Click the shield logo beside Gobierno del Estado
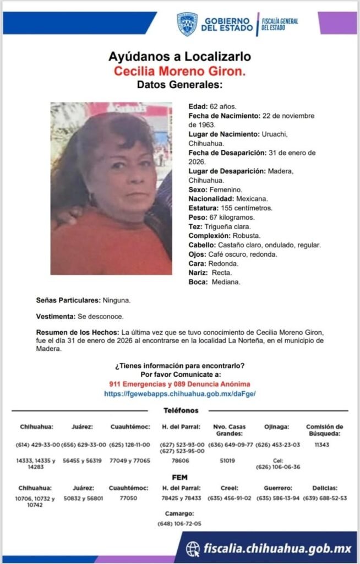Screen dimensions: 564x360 187,24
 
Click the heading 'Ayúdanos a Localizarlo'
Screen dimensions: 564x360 180,56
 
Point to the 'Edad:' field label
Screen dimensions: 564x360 198,106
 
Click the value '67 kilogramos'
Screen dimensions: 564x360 230,218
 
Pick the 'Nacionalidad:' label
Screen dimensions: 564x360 211,199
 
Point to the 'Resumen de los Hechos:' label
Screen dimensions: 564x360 78,333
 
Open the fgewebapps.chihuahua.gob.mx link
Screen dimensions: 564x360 180,394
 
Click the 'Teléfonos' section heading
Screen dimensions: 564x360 181,410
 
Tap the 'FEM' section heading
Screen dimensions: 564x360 181,477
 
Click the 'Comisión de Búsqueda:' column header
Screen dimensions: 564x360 324,430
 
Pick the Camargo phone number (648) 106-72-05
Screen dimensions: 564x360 179,523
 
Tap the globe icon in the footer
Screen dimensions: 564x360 193,549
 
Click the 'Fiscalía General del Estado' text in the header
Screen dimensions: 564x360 280,24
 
